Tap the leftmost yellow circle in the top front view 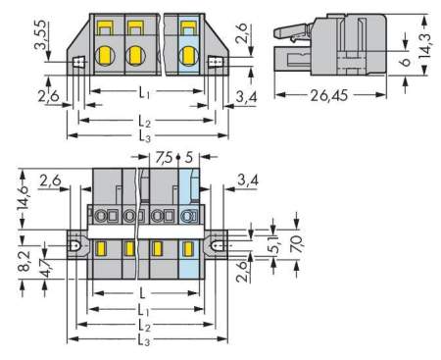point(110,55)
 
